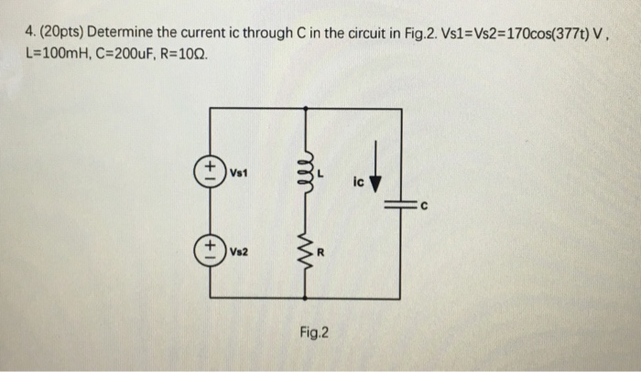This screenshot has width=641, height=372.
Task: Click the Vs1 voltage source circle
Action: (212, 170)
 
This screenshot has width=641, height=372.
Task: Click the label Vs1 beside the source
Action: (238, 171)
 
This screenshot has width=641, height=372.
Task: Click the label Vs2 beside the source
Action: (238, 248)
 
